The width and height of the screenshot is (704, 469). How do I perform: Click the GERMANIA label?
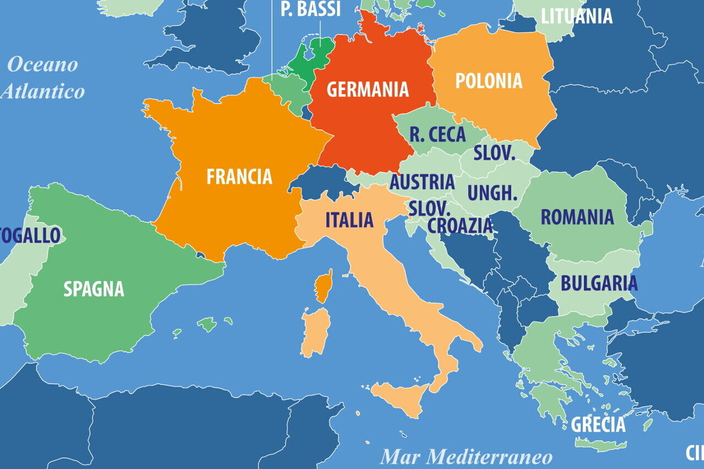point(367,89)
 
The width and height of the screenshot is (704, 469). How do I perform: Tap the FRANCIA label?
point(239,176)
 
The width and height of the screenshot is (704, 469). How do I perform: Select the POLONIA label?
point(488,81)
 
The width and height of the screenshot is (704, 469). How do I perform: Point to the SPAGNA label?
point(94,289)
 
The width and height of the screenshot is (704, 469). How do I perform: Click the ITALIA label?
point(349,220)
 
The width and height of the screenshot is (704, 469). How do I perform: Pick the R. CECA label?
point(437,135)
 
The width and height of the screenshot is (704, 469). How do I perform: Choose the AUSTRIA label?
point(422,181)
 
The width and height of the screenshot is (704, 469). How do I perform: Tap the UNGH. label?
point(492,193)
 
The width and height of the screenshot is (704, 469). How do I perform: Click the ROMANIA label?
point(577,217)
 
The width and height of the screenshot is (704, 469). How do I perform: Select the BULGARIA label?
point(599,283)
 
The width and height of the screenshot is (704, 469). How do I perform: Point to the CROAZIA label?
point(460,225)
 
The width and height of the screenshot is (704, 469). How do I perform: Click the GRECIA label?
point(598,424)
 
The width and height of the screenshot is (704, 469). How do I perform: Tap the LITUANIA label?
point(576,16)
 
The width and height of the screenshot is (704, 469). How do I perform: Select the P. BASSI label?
point(310,9)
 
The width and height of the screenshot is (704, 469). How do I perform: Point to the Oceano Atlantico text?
point(43,78)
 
